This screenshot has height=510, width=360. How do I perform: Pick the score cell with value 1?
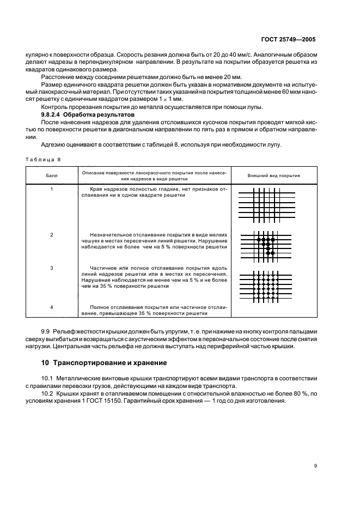tap(51, 189)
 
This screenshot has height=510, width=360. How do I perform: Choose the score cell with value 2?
tap(51, 235)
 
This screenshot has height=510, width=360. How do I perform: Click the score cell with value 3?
tap(51, 269)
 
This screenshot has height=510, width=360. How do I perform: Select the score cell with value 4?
tap(51, 307)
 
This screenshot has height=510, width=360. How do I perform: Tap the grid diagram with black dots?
tap(266, 246)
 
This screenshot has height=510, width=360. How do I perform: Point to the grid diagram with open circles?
tap(266, 286)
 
